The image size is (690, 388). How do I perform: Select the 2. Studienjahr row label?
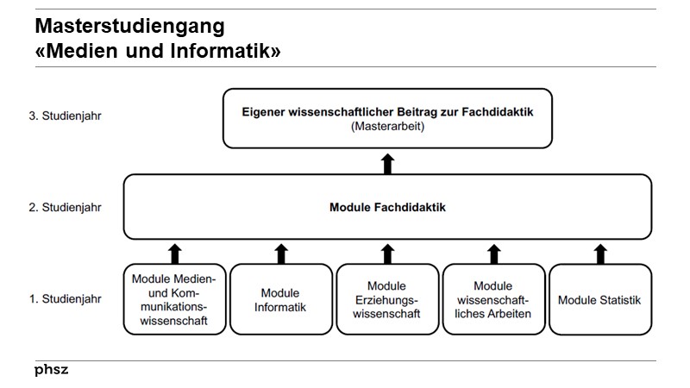66,208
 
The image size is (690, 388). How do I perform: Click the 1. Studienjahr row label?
66,300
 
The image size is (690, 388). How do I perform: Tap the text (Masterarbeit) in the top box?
387,126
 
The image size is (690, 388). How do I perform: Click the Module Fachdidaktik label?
387,208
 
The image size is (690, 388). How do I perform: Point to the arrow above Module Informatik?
280,252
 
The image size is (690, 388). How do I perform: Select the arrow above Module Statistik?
599,252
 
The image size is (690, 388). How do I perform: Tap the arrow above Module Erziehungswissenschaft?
387,252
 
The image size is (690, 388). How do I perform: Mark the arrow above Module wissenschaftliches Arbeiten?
493,252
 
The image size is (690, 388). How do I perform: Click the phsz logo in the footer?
52,370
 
